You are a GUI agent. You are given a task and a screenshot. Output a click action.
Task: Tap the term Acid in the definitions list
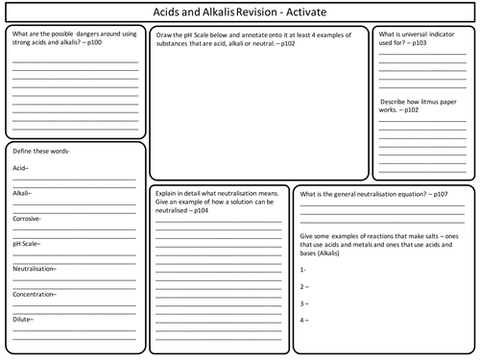click(x=20, y=169)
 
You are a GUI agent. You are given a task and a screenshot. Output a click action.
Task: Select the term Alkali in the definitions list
click(x=22, y=193)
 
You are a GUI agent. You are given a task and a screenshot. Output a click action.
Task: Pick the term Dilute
click(x=23, y=318)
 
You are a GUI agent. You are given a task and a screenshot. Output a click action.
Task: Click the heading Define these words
click(x=41, y=152)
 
